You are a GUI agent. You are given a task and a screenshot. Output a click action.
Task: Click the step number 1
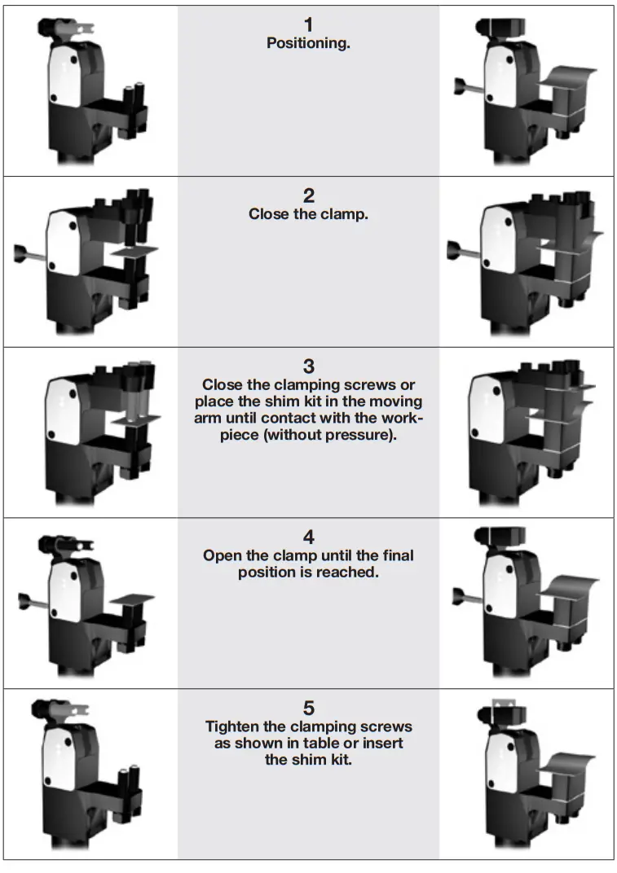point(308,25)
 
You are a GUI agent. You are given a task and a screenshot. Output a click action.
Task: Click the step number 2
point(308,196)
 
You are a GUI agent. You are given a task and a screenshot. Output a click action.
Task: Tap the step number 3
point(308,366)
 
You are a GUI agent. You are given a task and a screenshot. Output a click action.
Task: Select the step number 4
point(308,537)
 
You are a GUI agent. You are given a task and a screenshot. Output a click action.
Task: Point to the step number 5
point(308,708)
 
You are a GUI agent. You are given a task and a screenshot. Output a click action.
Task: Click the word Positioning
point(308,44)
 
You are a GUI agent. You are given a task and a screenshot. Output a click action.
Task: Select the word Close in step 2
point(267,215)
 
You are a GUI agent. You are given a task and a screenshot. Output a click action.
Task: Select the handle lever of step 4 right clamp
point(468,596)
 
